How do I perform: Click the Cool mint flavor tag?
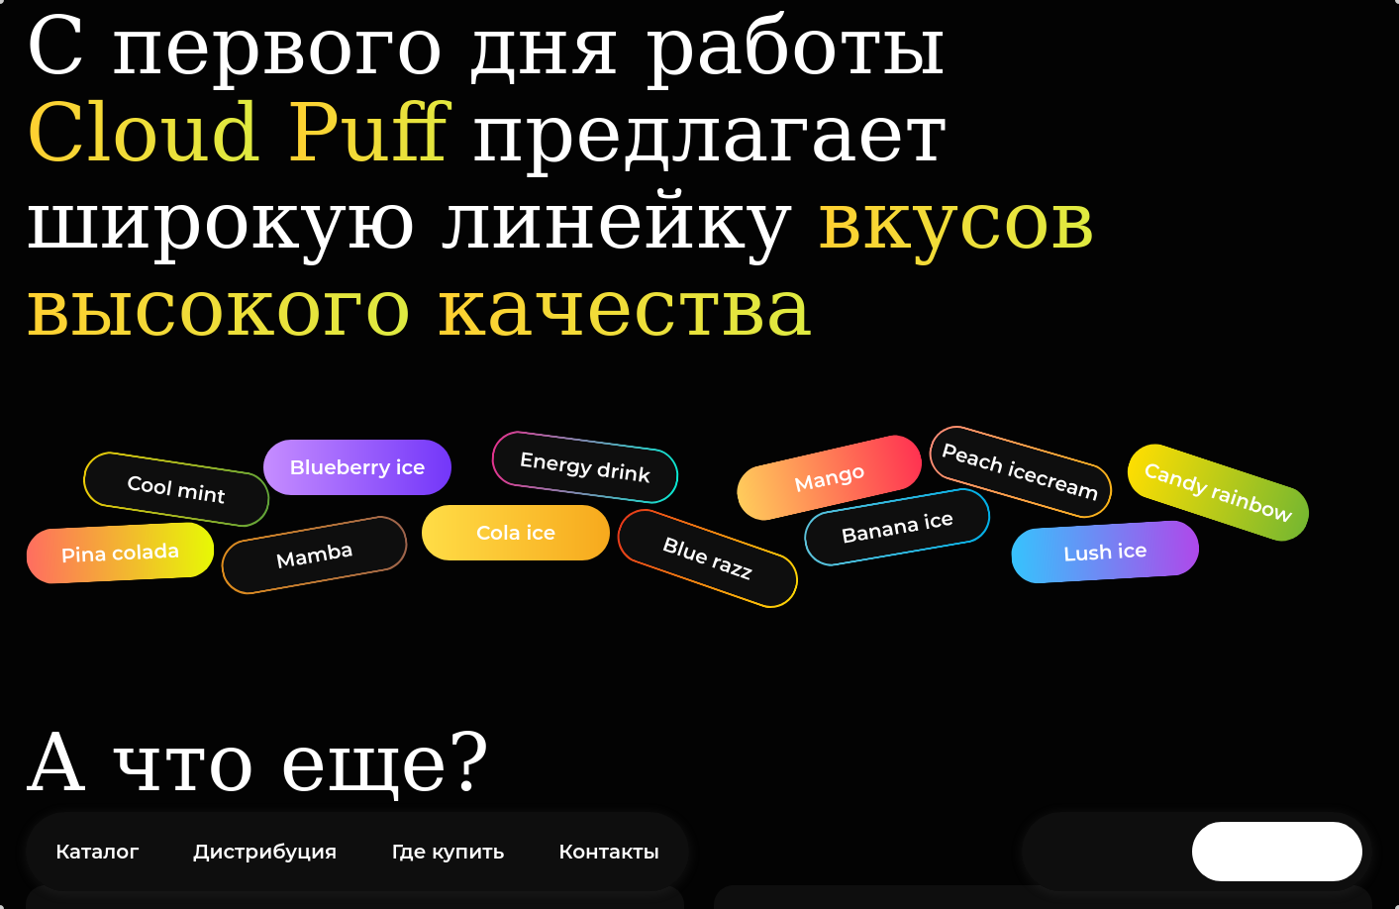[x=176, y=489]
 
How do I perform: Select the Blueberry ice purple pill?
[x=357, y=467]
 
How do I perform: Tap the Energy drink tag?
[x=585, y=467]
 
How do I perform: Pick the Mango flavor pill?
[x=830, y=478]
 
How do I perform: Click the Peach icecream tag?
[x=1020, y=471]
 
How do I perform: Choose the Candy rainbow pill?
[x=1218, y=492]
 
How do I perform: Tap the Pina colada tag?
[x=120, y=553]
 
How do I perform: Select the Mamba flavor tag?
[x=314, y=555]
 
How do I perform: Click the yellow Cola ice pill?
[x=516, y=533]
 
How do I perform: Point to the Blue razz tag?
[x=707, y=558]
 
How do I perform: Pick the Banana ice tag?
[x=897, y=528]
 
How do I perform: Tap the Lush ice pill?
[x=1105, y=552]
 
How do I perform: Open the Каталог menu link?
[x=97, y=852]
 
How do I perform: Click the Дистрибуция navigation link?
[x=264, y=852]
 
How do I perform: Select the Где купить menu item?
[x=448, y=852]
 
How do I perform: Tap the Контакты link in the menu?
[x=609, y=852]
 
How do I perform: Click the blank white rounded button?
[x=1276, y=852]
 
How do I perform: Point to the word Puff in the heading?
[x=369, y=134]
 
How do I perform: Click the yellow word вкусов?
[x=955, y=223]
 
